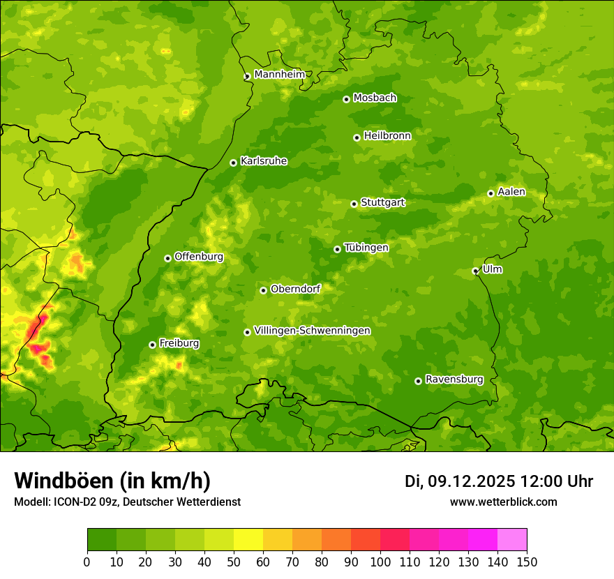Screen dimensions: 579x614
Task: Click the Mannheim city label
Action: point(279,75)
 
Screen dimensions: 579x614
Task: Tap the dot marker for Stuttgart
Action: point(354,204)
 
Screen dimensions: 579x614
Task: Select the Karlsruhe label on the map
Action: point(263,161)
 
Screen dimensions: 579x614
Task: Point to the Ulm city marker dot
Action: point(475,271)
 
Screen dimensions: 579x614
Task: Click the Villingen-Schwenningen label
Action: point(312,331)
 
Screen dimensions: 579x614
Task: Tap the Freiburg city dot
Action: point(152,345)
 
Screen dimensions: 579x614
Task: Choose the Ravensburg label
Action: point(454,379)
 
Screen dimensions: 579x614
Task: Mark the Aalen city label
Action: point(511,192)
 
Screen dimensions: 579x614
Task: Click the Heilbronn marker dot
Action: point(357,137)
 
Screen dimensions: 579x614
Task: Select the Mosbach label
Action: point(375,98)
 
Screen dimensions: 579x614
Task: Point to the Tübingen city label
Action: point(366,248)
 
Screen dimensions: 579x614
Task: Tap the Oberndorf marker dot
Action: point(263,290)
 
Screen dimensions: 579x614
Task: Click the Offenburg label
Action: point(199,257)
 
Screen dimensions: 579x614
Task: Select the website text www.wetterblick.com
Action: point(503,502)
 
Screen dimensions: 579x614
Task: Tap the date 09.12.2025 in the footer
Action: point(471,481)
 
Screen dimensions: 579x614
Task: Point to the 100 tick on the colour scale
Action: point(380,562)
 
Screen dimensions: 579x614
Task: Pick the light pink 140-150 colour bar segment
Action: point(512,539)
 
